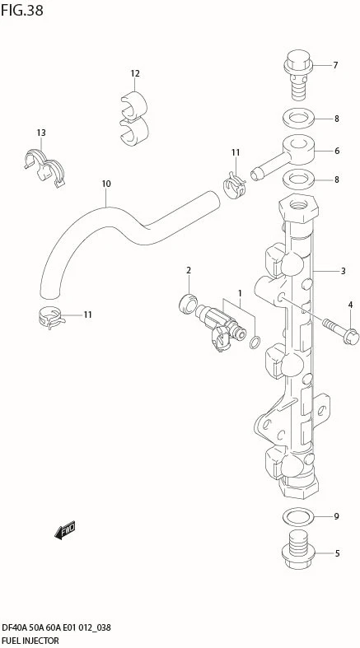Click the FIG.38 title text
tap(21, 10)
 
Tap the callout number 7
tap(335, 65)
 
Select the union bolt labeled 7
tap(297, 74)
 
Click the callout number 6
tap(337, 151)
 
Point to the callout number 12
tap(135, 73)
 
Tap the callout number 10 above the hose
tap(106, 184)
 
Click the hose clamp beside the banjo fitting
tap(234, 185)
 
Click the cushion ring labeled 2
tap(187, 304)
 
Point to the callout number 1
tap(239, 293)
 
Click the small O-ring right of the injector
tap(255, 343)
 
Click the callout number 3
tap(343, 272)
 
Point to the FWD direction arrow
tap(64, 530)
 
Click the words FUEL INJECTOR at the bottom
tap(30, 641)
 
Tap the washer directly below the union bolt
tap(298, 119)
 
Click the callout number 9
tap(336, 516)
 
